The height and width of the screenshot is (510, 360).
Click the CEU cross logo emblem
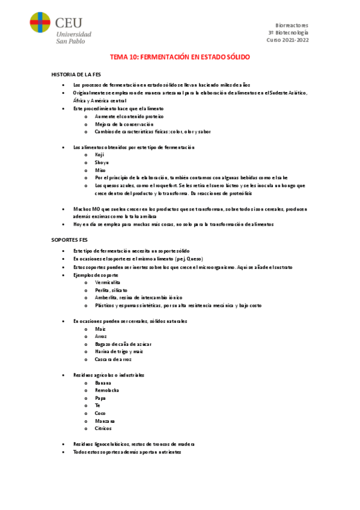point(40,25)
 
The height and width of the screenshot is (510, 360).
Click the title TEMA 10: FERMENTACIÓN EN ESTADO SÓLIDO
point(180,57)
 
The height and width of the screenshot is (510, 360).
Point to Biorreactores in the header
point(291,25)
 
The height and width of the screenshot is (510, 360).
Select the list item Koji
point(100,155)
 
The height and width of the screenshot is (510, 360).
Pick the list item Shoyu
point(101,162)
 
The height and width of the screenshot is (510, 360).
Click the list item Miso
point(100,170)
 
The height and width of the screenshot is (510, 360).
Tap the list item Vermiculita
point(108,282)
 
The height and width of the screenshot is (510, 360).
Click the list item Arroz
point(101,336)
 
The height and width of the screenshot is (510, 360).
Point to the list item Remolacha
point(107,390)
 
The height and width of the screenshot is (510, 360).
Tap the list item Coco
point(100,414)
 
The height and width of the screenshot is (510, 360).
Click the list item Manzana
point(105,422)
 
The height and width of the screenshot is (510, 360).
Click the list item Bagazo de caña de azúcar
point(123,344)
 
